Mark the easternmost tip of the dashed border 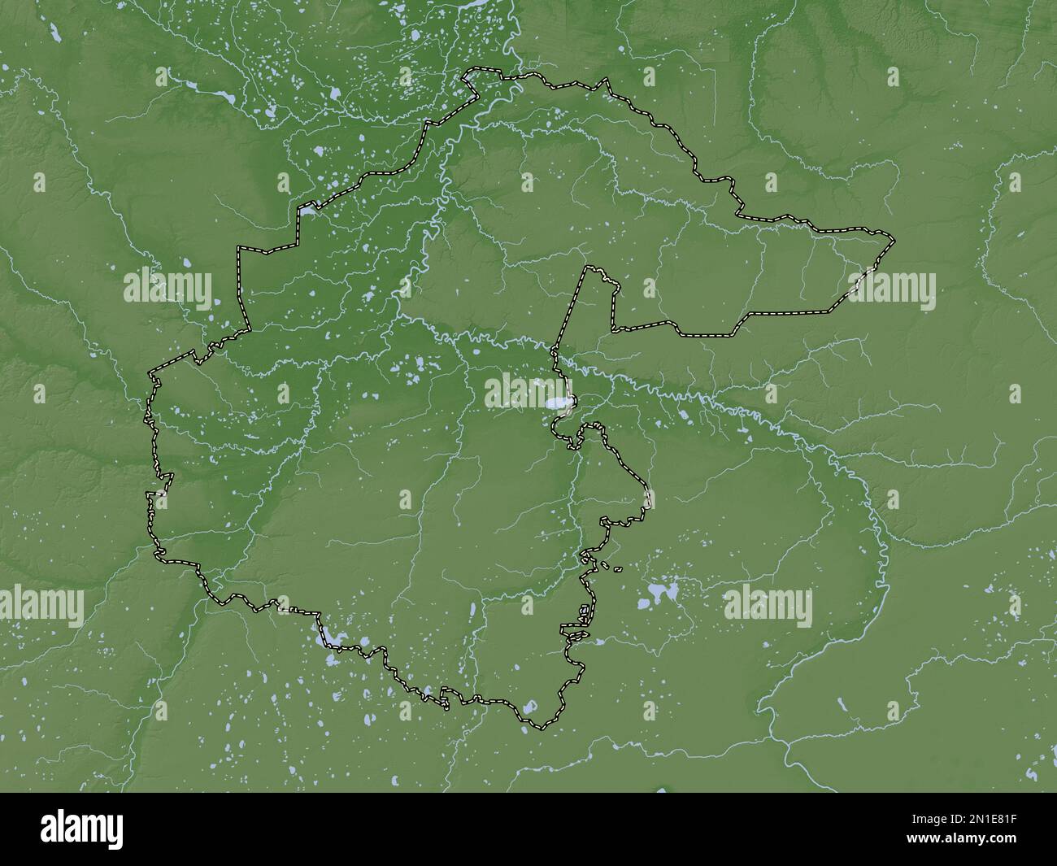[x=894, y=240]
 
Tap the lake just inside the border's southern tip [x=529, y=708]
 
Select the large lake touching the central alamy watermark [x=557, y=403]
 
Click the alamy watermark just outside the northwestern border [x=167, y=285]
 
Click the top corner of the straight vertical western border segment [x=238, y=247]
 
